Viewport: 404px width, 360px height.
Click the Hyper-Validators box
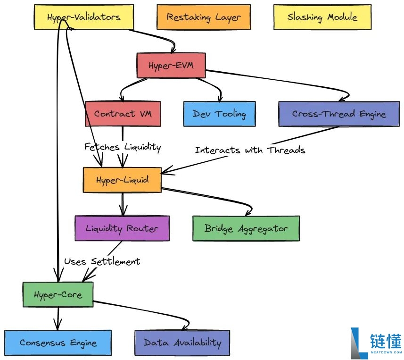(84, 17)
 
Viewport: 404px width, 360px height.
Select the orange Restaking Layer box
(204, 17)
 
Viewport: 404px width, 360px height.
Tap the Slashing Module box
(322, 17)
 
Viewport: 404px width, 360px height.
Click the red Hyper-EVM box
(171, 65)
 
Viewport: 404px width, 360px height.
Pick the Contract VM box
(123, 114)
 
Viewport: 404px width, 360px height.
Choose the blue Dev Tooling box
(219, 114)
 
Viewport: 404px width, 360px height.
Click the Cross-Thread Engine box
(339, 114)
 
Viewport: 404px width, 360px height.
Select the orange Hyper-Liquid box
(122, 180)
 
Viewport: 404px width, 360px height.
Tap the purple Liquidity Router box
(122, 228)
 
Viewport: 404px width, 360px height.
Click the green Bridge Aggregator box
(246, 228)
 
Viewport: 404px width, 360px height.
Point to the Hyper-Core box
(58, 294)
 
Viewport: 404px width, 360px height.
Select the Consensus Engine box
(58, 343)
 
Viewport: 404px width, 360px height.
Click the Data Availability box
(182, 343)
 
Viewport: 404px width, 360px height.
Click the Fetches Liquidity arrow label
(123, 147)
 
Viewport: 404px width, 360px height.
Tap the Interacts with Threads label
(250, 150)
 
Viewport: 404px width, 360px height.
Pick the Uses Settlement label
(102, 261)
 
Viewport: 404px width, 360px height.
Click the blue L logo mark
(359, 343)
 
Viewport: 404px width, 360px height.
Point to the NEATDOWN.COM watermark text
(386, 352)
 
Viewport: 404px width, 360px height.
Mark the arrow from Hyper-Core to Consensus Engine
(58, 318)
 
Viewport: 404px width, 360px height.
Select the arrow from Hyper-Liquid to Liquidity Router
(123, 204)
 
